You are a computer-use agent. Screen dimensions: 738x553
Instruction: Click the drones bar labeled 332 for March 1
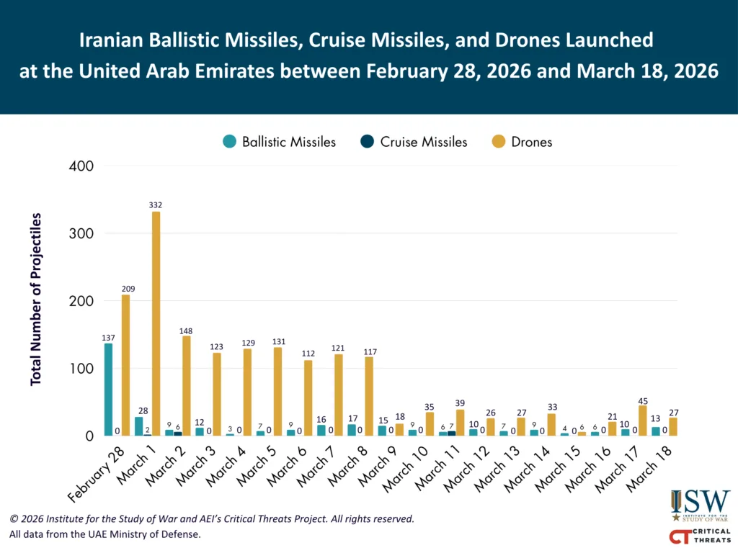tap(156, 323)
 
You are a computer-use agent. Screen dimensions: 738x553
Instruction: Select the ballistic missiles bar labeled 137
tap(108, 390)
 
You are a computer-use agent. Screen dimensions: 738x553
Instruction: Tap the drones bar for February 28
tap(125, 365)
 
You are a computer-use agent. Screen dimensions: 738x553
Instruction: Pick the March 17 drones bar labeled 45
tap(642, 421)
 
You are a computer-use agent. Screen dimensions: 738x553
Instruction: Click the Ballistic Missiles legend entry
tap(279, 142)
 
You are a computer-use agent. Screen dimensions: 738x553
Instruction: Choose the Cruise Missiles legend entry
tap(414, 142)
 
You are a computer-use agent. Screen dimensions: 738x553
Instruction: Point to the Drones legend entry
tap(522, 142)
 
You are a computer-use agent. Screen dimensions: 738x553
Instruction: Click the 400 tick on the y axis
tap(81, 166)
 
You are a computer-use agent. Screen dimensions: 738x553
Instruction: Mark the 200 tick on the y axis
tap(81, 301)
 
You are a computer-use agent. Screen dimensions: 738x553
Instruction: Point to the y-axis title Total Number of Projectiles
tap(36, 300)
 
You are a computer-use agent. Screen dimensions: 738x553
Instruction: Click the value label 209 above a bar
tap(128, 289)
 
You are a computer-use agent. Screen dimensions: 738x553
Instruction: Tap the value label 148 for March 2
tap(186, 331)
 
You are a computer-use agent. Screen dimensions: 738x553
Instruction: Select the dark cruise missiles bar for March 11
tap(451, 433)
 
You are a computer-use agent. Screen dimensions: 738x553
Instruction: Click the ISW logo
tap(701, 505)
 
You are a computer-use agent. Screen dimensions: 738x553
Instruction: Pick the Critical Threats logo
tap(701, 536)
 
